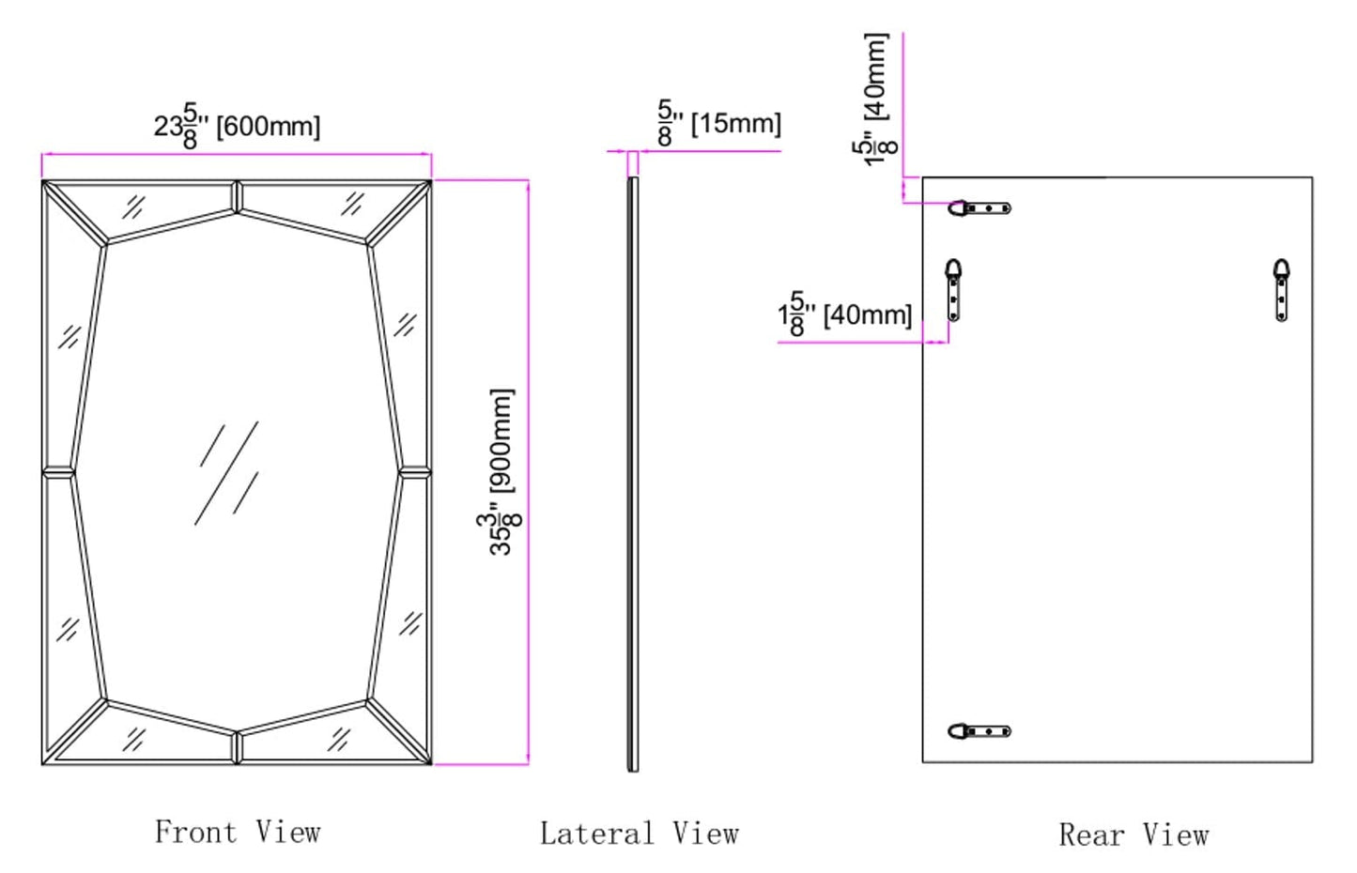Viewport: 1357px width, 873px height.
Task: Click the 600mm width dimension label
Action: pyautogui.click(x=238, y=126)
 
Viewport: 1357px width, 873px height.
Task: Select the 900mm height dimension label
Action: pyautogui.click(x=502, y=472)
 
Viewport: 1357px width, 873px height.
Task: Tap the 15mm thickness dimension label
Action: pyautogui.click(x=719, y=123)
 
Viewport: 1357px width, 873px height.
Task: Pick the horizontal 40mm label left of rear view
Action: pyautogui.click(x=845, y=314)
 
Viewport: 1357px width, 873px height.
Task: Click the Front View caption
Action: pyautogui.click(x=238, y=832)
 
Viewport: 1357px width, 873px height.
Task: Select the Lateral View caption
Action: pyautogui.click(x=639, y=834)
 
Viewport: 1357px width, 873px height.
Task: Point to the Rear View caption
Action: pyautogui.click(x=1133, y=835)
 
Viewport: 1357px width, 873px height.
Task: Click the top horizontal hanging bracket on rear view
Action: pyautogui.click(x=979, y=207)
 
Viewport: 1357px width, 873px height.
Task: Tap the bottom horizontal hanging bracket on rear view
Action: pyautogui.click(x=979, y=731)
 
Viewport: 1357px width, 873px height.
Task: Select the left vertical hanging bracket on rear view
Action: pyautogui.click(x=953, y=290)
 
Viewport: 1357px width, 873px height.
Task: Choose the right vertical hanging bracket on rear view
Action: pyautogui.click(x=1282, y=290)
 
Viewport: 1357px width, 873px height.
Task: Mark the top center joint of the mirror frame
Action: pyautogui.click(x=237, y=196)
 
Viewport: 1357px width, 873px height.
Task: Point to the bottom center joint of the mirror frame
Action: pyautogui.click(x=237, y=747)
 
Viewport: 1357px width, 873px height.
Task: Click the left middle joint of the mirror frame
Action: pyautogui.click(x=58, y=472)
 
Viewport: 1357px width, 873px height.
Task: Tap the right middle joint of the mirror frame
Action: pyautogui.click(x=414, y=472)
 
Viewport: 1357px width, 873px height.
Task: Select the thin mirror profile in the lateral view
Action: pyautogui.click(x=633, y=474)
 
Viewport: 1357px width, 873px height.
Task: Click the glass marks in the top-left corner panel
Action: pyautogui.click(x=134, y=207)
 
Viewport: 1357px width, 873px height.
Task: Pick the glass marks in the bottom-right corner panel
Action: pyautogui.click(x=339, y=739)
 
